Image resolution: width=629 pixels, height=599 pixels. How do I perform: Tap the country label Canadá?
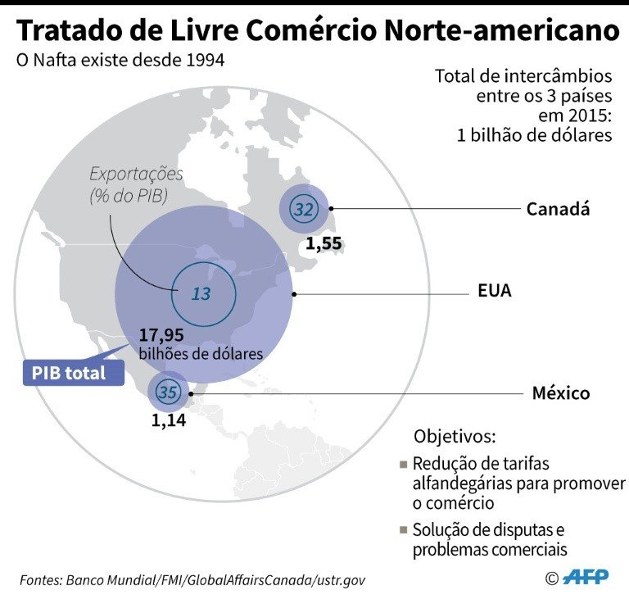[x=558, y=209]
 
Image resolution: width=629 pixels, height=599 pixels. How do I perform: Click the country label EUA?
[x=495, y=292]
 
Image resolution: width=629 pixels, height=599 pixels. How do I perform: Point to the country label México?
[x=560, y=393]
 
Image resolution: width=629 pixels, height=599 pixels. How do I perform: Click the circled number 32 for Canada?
[x=303, y=210]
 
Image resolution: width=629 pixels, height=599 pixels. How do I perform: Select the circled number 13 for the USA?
[x=201, y=293]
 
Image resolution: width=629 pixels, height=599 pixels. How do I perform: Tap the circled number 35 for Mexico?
[x=169, y=393]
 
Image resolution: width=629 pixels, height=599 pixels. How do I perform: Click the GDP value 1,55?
[x=324, y=243]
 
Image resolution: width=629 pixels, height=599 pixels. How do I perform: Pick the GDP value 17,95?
[x=161, y=335]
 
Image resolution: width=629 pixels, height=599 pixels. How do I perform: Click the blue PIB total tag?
[x=70, y=373]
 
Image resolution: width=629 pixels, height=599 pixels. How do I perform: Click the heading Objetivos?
[x=455, y=435]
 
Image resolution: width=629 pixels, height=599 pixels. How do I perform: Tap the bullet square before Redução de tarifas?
[x=403, y=465]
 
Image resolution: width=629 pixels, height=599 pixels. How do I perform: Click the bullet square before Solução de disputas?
[x=403, y=530]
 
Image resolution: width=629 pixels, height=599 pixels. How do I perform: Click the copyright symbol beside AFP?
[x=551, y=578]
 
